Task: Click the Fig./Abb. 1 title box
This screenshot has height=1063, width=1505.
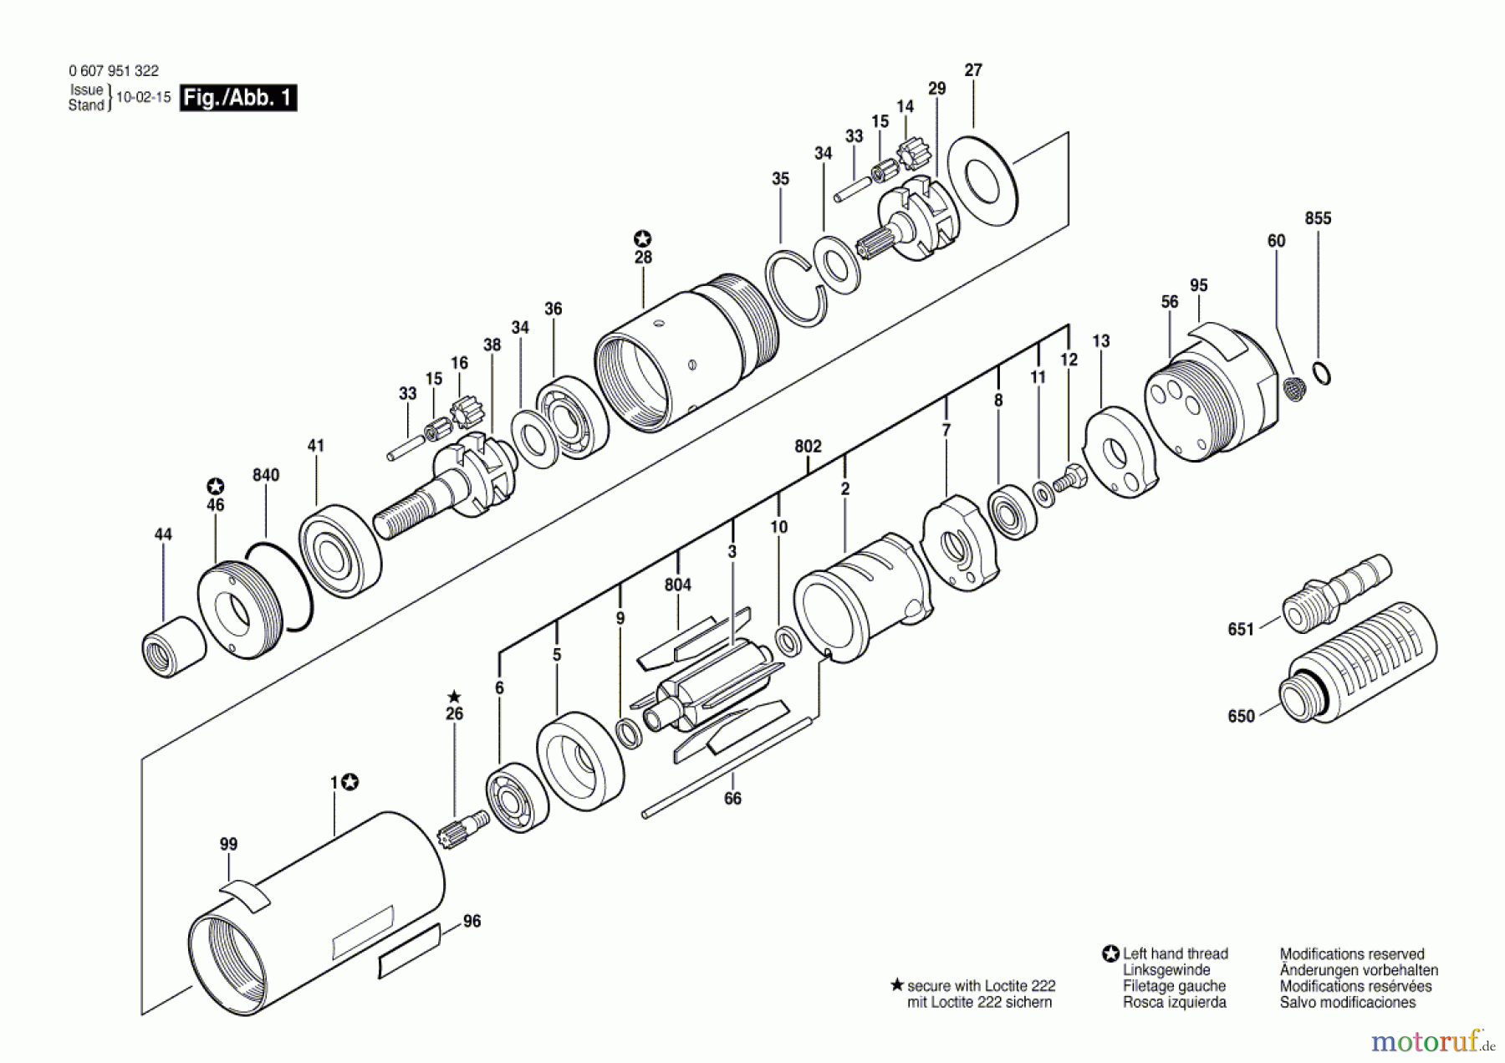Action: pos(238,98)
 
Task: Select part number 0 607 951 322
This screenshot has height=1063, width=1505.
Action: pos(114,71)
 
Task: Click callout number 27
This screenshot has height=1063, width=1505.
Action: pos(972,70)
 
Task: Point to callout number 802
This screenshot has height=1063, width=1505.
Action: pos(808,447)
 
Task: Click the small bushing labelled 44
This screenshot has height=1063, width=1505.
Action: pos(173,646)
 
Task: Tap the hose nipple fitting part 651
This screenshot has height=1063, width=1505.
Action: pos(1336,590)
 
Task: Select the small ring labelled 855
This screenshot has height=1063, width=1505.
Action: pos(1320,373)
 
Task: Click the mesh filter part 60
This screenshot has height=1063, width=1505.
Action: pos(1294,390)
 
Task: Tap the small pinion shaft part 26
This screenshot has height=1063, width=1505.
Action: pos(463,828)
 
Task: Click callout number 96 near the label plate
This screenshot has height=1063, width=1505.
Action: pos(472,921)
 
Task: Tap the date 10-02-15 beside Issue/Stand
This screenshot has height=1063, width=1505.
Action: pos(143,97)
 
